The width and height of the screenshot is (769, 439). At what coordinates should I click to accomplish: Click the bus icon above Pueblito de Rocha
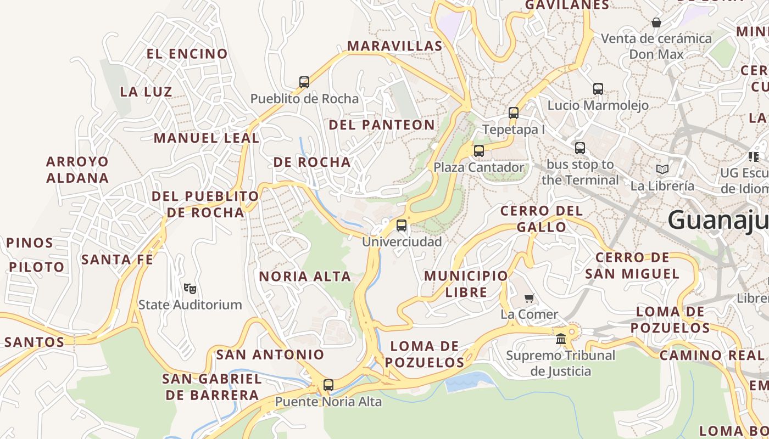pos(304,82)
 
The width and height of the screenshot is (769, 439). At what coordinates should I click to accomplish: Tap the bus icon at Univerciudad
pos(402,225)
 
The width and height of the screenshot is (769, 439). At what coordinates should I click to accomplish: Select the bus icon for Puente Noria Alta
pos(328,385)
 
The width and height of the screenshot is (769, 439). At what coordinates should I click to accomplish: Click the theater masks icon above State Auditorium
pos(190,288)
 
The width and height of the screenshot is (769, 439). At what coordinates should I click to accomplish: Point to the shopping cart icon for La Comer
pos(529,298)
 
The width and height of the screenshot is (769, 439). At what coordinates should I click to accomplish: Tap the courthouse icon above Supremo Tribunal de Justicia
pos(561,339)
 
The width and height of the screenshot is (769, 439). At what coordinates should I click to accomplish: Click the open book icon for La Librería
pos(662,169)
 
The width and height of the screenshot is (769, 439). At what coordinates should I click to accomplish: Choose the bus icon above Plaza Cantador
pos(479,150)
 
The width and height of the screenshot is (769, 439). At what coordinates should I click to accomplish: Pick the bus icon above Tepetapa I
pos(514,113)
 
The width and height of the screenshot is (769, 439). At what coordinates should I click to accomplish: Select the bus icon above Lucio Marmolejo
pos(598,88)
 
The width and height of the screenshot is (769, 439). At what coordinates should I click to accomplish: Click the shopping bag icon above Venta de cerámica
pos(656,22)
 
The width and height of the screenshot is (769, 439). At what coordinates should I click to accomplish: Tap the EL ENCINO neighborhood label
pos(187,54)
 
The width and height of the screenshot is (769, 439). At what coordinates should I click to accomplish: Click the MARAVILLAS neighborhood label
pos(395,46)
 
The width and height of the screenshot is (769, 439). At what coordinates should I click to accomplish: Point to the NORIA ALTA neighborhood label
pos(305,277)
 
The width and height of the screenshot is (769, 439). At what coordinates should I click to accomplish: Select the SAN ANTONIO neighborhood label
pos(270,354)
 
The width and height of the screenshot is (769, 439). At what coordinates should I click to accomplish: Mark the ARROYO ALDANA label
pos(77,170)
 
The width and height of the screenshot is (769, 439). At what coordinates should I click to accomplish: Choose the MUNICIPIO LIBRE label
pos(466,284)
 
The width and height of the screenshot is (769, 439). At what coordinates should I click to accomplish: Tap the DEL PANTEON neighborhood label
pos(382,125)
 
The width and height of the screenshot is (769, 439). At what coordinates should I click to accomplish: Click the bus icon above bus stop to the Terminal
pos(580,148)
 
